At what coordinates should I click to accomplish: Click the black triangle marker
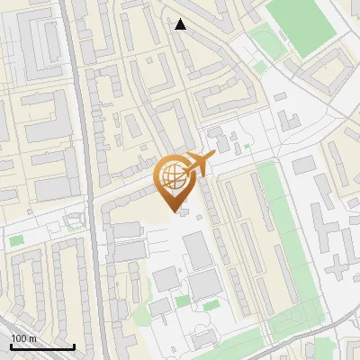click(181, 24)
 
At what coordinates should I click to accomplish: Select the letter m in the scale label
click(33, 338)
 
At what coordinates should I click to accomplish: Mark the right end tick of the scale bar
click(73, 345)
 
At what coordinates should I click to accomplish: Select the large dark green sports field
click(301, 22)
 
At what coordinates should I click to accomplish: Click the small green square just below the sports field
click(261, 66)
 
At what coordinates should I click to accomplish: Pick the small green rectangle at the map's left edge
click(16, 240)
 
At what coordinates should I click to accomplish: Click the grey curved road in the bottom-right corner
click(315, 346)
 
